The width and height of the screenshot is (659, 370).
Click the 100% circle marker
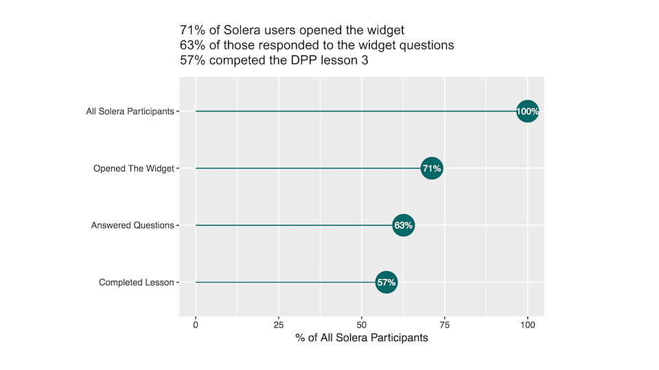point(527,111)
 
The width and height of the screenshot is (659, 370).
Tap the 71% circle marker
point(432,168)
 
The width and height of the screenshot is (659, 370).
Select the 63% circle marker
point(404,225)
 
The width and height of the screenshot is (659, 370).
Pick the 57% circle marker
point(386,282)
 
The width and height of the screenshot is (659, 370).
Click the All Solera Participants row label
point(130,111)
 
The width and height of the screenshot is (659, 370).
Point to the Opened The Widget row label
point(133,168)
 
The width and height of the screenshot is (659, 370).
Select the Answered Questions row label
point(132,225)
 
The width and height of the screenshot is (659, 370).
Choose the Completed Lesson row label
point(136,282)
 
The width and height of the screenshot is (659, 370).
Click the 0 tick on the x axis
point(196,324)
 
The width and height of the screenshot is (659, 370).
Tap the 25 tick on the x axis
point(279,324)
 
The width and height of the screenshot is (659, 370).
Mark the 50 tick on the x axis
point(362,324)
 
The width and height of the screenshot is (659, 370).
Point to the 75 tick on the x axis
point(445,324)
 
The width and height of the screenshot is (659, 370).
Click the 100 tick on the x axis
point(527,324)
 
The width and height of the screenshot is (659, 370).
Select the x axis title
point(362,338)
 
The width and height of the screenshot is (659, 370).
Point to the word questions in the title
point(426,45)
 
